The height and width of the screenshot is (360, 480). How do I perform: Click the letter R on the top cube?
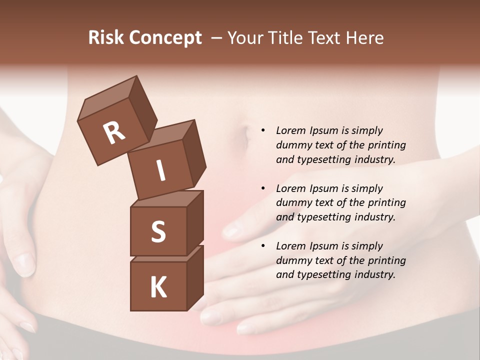[x=114, y=133]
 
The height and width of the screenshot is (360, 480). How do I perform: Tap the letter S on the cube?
[x=158, y=232]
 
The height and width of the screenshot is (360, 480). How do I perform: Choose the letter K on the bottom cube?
[x=158, y=287]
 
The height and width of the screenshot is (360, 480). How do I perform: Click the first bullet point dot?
[x=263, y=131]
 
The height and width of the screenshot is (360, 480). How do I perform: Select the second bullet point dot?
[x=263, y=188]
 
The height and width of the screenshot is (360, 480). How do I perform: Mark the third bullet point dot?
[x=263, y=246]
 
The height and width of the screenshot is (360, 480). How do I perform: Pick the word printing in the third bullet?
[x=386, y=260]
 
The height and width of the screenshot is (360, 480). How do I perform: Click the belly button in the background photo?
[x=244, y=135]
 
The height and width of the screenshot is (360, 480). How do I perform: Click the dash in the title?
[x=217, y=38]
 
